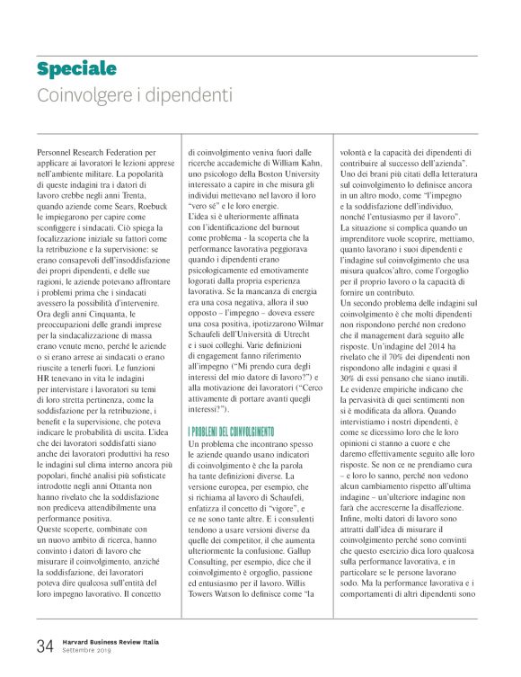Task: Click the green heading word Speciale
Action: click(x=76, y=69)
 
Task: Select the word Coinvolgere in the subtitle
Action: click(x=77, y=94)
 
